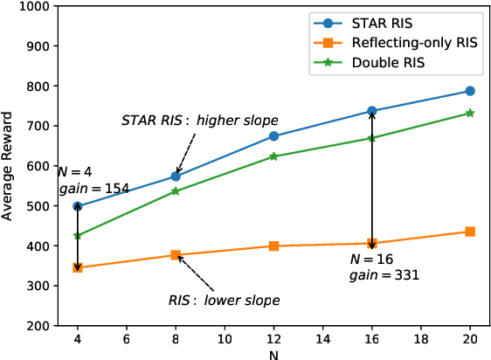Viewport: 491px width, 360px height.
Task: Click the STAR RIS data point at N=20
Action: click(470, 91)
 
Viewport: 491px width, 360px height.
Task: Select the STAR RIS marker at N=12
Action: click(273, 136)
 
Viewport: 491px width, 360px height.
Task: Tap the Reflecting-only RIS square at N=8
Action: click(176, 255)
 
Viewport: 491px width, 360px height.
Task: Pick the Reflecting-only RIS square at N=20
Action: click(470, 232)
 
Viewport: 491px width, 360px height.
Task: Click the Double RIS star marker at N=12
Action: click(273, 156)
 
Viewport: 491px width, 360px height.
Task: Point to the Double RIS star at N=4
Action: click(78, 236)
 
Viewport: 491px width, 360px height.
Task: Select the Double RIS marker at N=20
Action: click(470, 113)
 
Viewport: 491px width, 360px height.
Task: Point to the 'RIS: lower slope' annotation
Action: click(224, 300)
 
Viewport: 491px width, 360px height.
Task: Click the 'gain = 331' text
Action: click(384, 274)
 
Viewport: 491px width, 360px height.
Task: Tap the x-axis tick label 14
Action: click(322, 341)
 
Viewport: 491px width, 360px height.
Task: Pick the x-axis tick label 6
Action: click(127, 341)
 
